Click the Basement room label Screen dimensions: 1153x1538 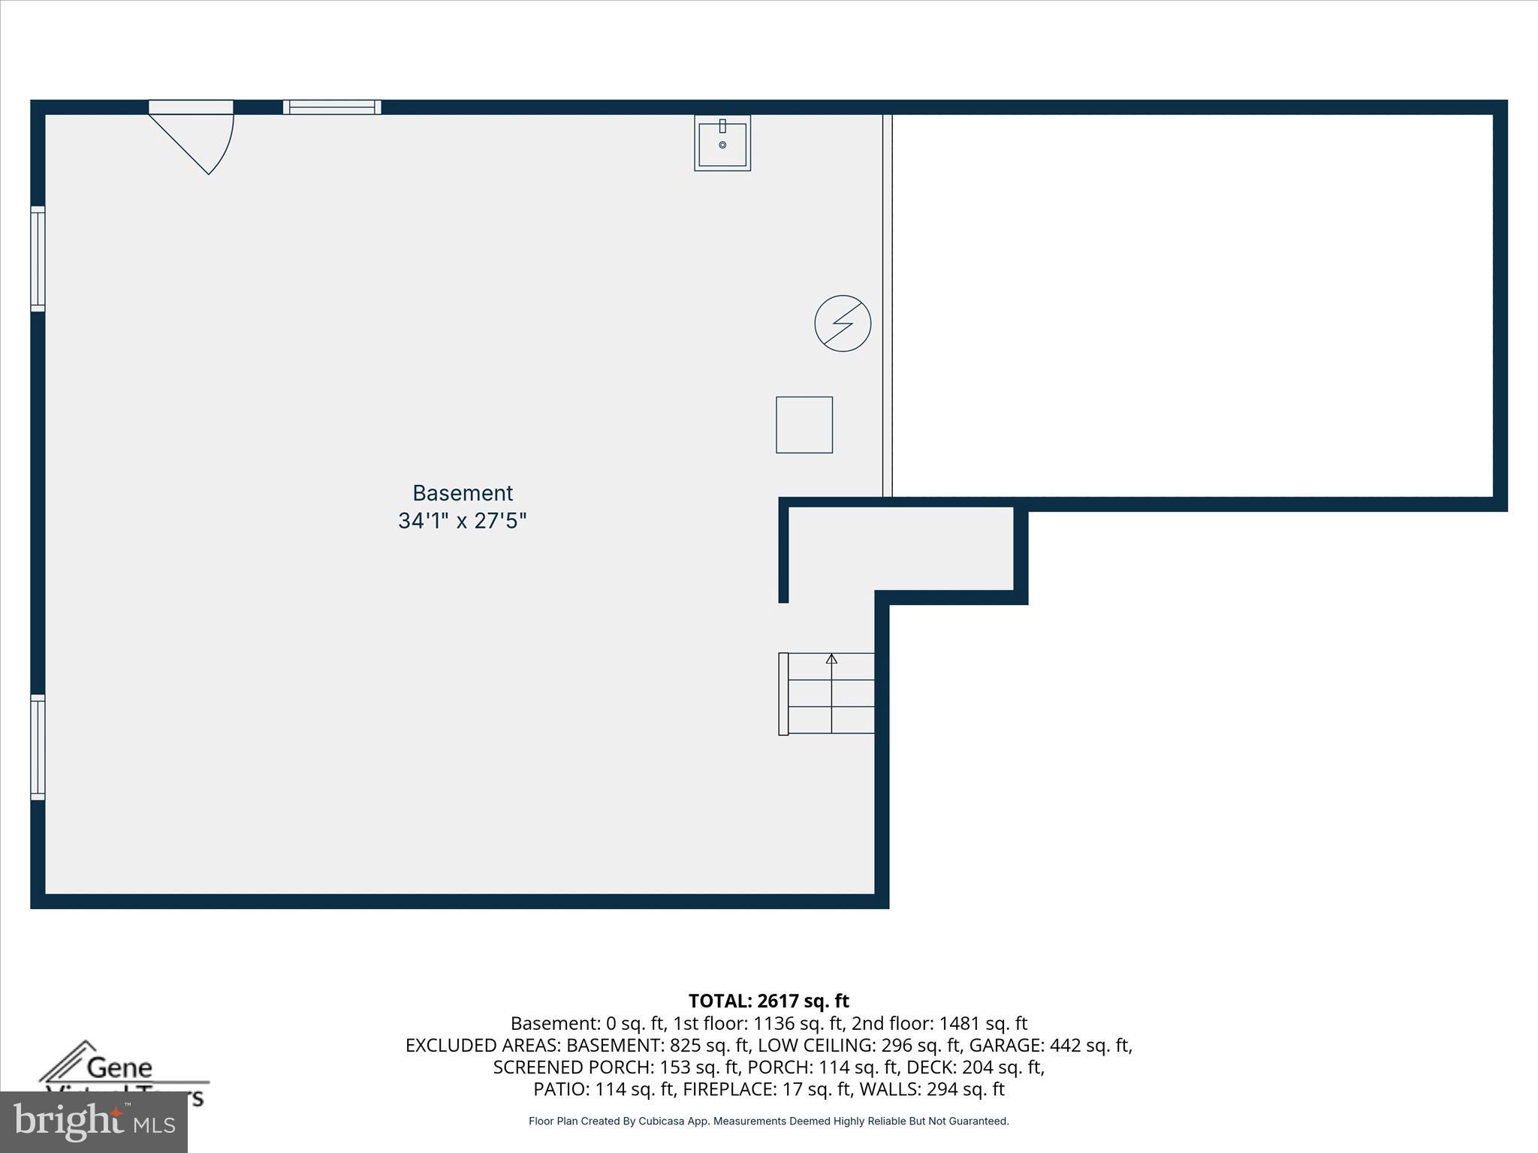(x=463, y=493)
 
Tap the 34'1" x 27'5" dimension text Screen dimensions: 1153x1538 (x=463, y=521)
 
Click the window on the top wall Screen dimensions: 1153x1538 (x=332, y=107)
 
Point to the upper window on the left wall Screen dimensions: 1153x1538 (x=38, y=258)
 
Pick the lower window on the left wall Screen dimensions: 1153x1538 (x=38, y=747)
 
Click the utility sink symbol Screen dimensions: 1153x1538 (x=722, y=143)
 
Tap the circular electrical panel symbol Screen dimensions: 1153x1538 (x=843, y=324)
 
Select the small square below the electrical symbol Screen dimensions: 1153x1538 (x=804, y=425)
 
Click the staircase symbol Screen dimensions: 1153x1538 (x=828, y=694)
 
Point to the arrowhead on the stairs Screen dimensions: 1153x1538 (x=831, y=659)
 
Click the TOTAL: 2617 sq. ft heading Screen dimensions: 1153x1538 (x=768, y=1001)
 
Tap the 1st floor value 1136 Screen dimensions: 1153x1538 (x=773, y=1024)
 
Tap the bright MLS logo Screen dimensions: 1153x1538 (x=94, y=1121)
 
